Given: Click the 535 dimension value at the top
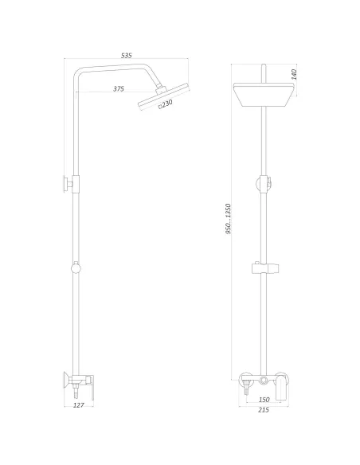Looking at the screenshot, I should click(x=126, y=55).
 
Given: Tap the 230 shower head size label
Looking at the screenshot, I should click(x=166, y=104).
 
